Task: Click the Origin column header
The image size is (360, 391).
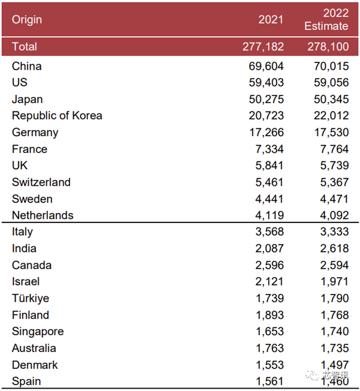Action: [27, 20]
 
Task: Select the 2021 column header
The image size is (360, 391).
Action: [271, 20]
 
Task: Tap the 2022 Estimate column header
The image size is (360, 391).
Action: [326, 20]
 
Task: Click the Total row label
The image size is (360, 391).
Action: [25, 47]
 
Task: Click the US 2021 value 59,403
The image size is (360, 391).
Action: [266, 83]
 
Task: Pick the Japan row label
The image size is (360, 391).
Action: [27, 100]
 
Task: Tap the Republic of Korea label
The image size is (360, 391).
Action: [57, 116]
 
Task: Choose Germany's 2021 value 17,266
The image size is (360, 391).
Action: [266, 133]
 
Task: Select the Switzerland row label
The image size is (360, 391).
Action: [41, 182]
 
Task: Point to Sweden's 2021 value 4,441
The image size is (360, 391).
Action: [269, 199]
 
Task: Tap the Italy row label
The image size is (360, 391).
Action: [22, 232]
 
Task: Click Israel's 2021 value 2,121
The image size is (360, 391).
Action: [269, 282]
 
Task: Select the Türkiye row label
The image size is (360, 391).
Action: [31, 299]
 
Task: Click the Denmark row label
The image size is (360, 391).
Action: [35, 365]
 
